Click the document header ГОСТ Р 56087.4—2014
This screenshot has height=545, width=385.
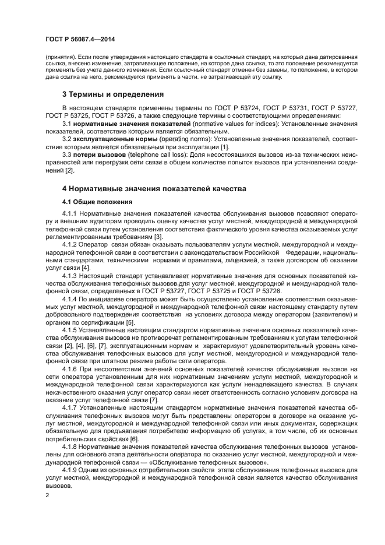point(73,38)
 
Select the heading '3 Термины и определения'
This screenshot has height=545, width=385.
point(112,94)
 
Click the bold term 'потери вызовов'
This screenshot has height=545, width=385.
point(99,154)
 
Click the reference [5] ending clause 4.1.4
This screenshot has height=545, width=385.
point(131,322)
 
